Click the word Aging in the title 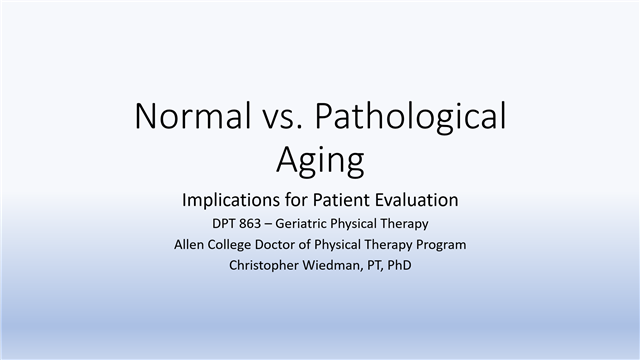point(319,160)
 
